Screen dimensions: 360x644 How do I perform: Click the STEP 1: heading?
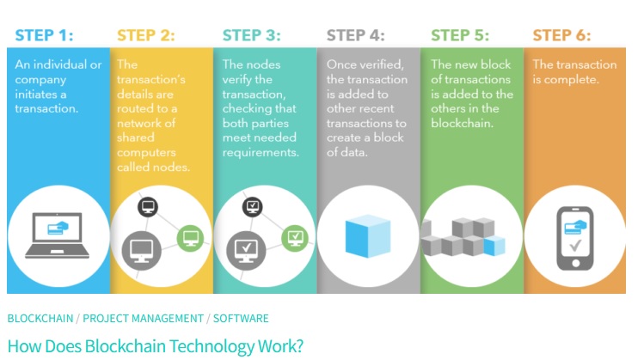click(x=44, y=35)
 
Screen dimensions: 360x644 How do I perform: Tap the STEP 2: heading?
click(x=145, y=35)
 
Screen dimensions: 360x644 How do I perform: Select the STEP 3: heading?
click(x=251, y=35)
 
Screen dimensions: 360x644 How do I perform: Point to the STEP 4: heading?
click(x=355, y=35)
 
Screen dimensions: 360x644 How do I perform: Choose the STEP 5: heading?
click(x=459, y=35)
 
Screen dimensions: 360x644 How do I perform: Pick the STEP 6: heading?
click(x=561, y=35)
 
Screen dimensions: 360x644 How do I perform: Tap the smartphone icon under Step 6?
click(x=574, y=238)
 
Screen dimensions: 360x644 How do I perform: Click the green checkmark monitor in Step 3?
click(x=295, y=235)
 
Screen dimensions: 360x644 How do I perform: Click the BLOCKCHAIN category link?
click(x=40, y=318)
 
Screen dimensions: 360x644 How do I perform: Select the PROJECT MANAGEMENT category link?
click(x=143, y=318)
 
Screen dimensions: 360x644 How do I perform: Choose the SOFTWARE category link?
click(x=241, y=318)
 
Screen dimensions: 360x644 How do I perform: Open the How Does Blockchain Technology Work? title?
click(x=156, y=346)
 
